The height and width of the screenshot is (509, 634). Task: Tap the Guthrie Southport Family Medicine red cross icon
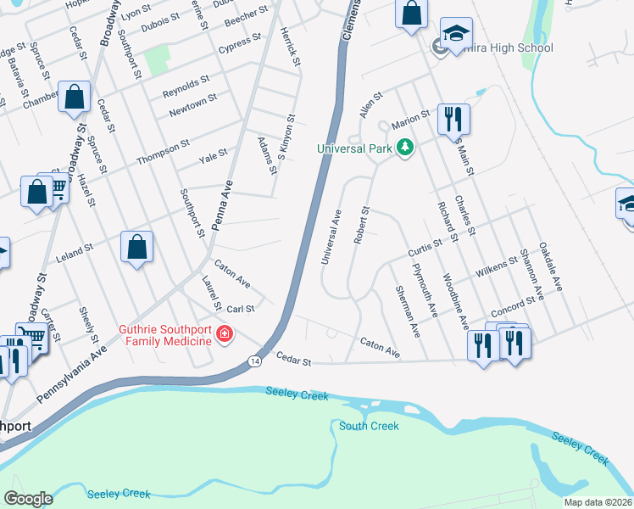224,335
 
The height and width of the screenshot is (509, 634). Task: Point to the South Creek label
369,426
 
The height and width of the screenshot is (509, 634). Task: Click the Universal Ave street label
331,238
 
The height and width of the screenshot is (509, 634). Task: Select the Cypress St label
239,42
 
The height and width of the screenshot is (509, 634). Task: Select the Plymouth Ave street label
424,291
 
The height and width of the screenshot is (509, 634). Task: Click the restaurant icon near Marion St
453,119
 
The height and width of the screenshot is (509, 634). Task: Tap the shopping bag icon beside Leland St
136,247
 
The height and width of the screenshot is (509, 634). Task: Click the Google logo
28,499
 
